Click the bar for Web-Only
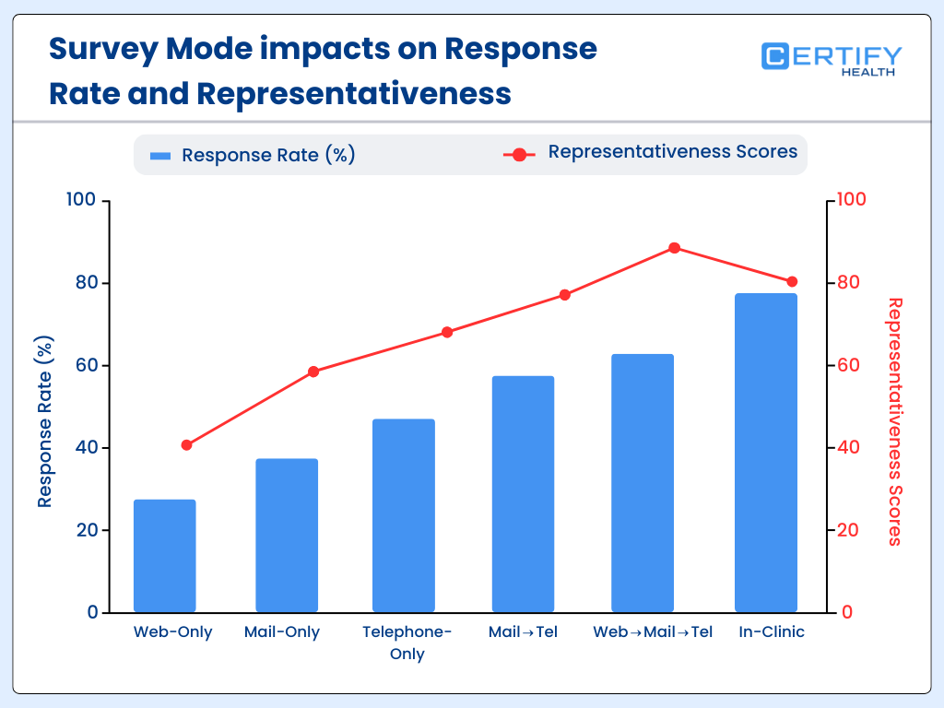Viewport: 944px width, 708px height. click(165, 556)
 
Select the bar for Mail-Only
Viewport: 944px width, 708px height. click(287, 536)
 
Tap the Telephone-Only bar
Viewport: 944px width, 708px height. click(404, 515)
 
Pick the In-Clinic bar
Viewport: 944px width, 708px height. click(766, 453)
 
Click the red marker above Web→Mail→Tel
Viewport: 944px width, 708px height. click(674, 248)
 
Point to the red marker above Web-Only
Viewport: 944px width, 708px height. click(187, 445)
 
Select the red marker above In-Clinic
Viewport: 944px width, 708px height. click(792, 282)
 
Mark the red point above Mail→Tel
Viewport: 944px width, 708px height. click(565, 295)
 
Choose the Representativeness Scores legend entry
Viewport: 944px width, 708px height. click(651, 152)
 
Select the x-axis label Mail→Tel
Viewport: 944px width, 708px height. click(523, 632)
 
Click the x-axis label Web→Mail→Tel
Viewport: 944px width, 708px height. click(653, 632)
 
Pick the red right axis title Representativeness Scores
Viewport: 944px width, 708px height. click(893, 421)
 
